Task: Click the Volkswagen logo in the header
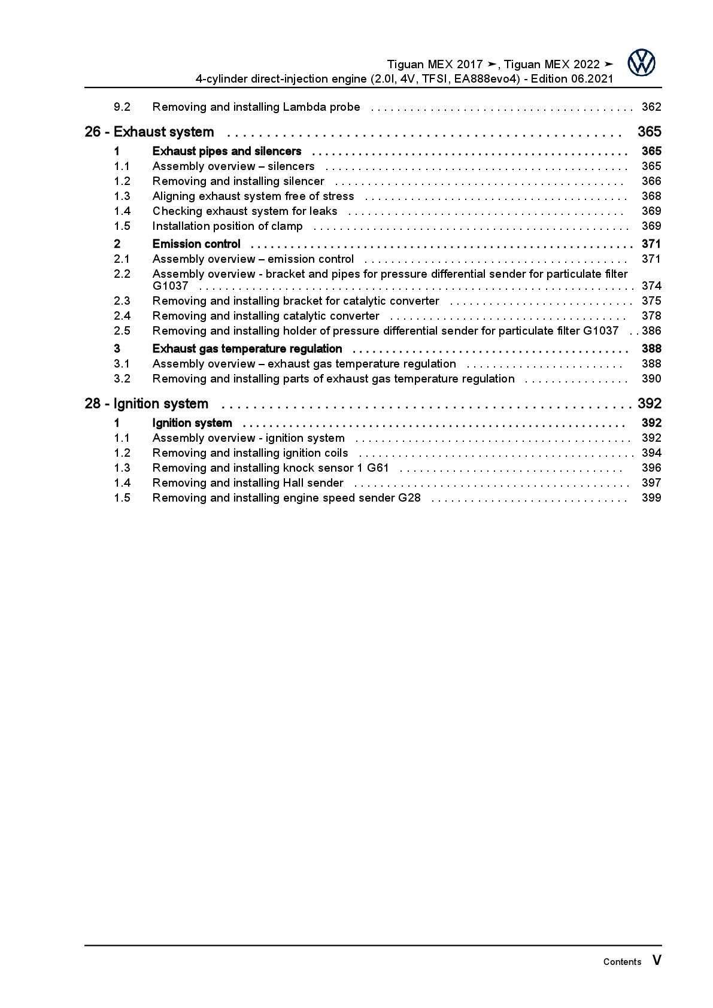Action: click(641, 63)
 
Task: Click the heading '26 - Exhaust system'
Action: click(149, 132)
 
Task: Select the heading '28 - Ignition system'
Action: click(146, 403)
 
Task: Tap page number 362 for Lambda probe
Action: click(651, 107)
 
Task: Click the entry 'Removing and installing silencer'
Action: click(238, 181)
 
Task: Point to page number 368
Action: click(651, 196)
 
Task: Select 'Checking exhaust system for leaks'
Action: click(245, 211)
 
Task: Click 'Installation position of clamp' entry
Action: click(227, 226)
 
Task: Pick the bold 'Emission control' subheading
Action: click(196, 244)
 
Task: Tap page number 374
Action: click(651, 286)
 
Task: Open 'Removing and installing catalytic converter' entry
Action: click(266, 316)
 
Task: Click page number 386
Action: click(651, 331)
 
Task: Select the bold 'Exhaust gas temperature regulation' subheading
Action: click(247, 348)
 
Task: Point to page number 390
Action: click(651, 379)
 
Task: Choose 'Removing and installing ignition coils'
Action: click(250, 453)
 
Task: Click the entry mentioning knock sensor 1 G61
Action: click(271, 468)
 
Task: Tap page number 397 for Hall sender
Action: click(651, 483)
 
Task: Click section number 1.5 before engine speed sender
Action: click(122, 498)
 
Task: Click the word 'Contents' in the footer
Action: click(622, 962)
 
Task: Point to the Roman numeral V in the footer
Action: click(657, 961)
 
